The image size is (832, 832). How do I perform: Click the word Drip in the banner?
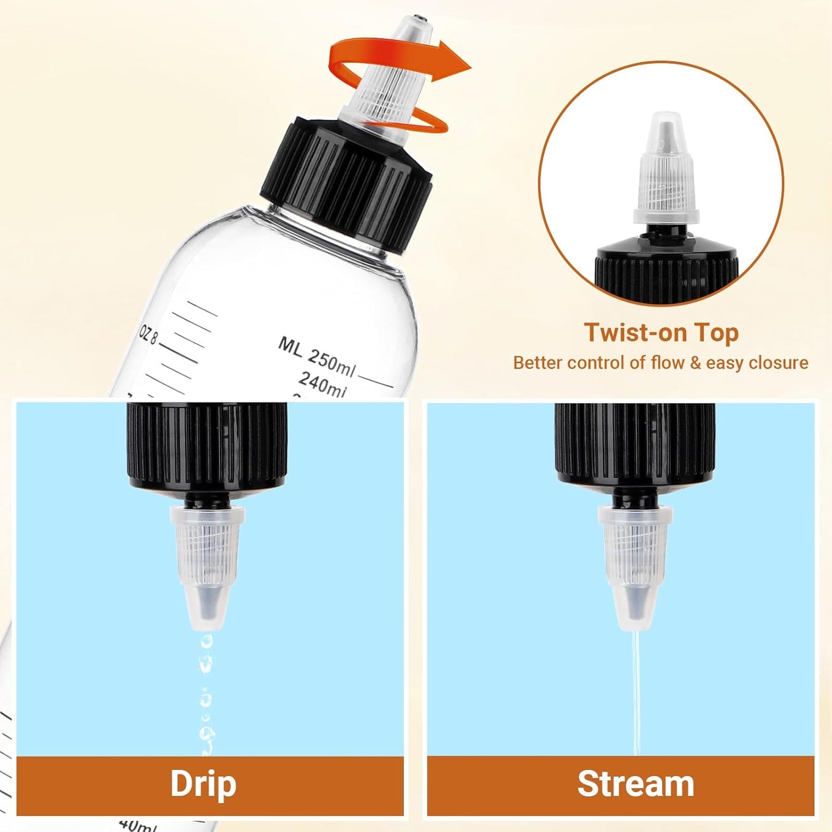[203, 784]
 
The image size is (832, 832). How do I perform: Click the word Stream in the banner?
[636, 784]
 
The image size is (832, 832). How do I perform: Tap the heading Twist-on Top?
[661, 333]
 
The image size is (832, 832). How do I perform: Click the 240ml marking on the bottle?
[322, 384]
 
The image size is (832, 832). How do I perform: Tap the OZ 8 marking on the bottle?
[149, 335]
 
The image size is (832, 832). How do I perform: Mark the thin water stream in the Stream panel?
[636, 691]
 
